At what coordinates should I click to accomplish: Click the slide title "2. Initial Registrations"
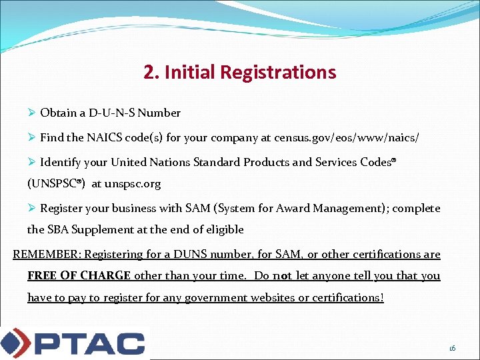[x=239, y=72]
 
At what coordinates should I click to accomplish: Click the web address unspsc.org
[x=133, y=183]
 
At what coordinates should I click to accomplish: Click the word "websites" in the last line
[x=273, y=297]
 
